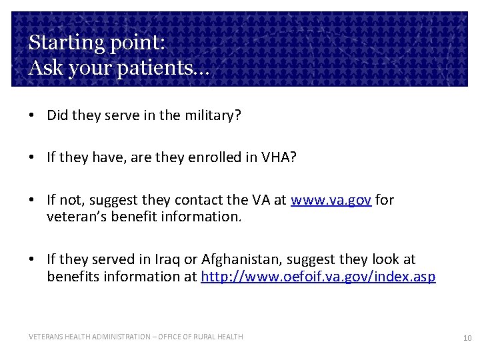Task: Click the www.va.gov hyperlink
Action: click(x=331, y=200)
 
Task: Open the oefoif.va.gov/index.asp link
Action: click(x=318, y=276)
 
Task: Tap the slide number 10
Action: click(x=467, y=339)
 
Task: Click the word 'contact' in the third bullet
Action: click(x=199, y=200)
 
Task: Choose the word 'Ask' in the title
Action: click(x=43, y=67)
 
